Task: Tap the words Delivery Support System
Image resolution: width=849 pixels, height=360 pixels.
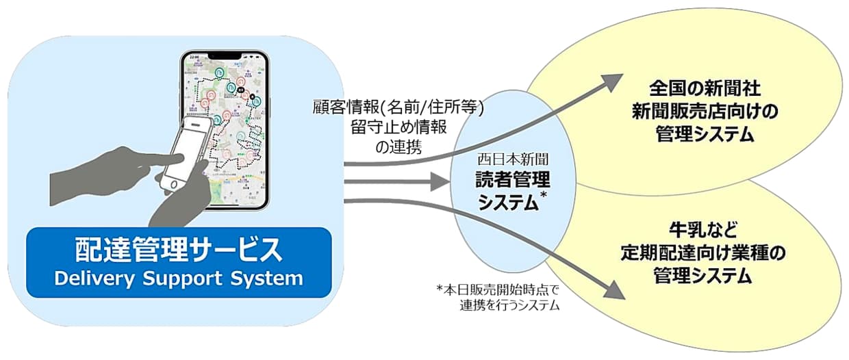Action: tap(179, 279)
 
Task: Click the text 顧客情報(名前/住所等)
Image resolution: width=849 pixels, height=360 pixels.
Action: tap(398, 107)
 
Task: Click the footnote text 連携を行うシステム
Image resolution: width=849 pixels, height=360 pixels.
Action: tap(511, 306)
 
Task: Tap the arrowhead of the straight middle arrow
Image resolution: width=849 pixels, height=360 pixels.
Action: tap(440, 183)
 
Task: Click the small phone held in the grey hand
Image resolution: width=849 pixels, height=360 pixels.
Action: tap(185, 152)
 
